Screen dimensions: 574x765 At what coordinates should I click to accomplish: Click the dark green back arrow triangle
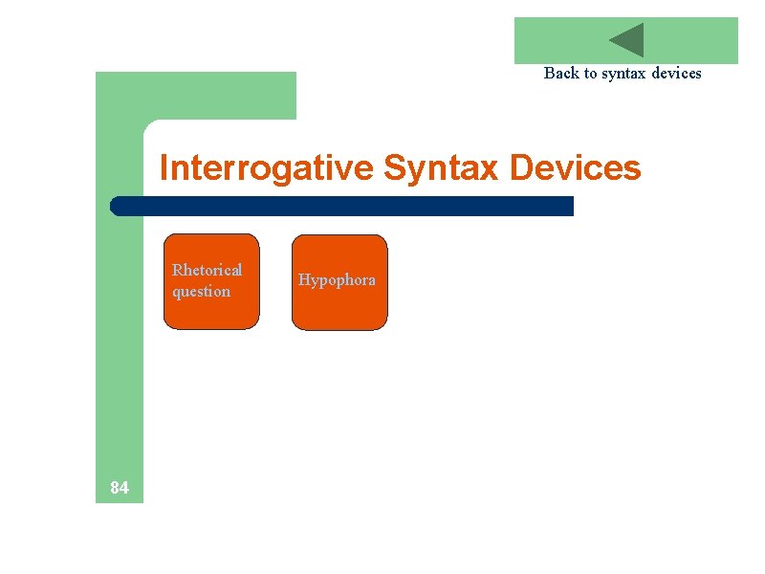(x=629, y=40)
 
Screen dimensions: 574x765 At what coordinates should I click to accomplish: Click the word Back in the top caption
(x=560, y=73)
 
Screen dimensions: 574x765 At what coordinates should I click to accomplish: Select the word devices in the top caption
(x=676, y=73)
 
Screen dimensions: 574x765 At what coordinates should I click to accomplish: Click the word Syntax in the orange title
(x=441, y=168)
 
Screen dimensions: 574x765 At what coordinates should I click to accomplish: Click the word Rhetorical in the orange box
(x=208, y=270)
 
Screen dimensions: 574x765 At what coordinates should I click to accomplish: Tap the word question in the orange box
(x=202, y=291)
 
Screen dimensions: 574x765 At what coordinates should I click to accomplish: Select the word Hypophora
(x=337, y=280)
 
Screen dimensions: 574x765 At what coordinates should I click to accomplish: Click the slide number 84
(x=120, y=488)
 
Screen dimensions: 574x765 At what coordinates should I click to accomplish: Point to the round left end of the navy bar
(x=117, y=206)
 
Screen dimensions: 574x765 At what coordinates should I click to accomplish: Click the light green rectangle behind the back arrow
(x=555, y=40)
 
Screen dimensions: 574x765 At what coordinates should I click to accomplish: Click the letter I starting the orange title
(x=164, y=168)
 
